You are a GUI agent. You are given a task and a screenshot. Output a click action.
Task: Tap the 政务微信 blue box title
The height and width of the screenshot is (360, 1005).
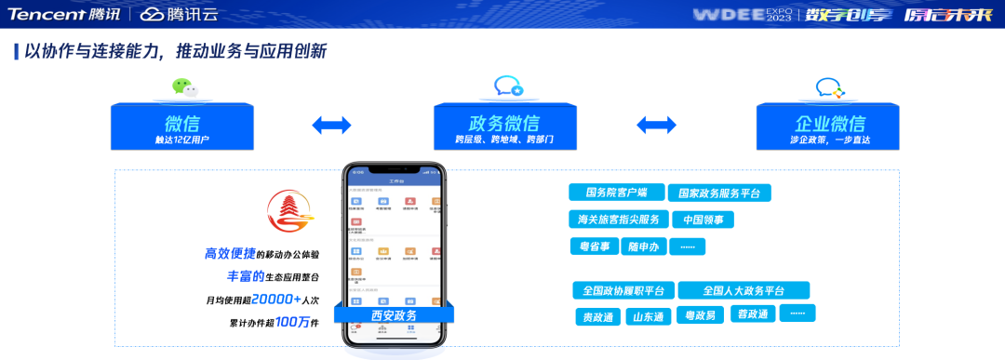pyautogui.click(x=503, y=123)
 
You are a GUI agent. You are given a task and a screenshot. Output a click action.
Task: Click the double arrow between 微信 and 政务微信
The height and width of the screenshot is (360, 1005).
pyautogui.click(x=331, y=125)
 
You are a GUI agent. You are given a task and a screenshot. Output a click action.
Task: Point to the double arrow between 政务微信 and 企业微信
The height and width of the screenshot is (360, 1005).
pyautogui.click(x=656, y=125)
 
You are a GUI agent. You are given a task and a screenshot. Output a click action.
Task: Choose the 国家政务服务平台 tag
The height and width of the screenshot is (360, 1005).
pyautogui.click(x=719, y=193)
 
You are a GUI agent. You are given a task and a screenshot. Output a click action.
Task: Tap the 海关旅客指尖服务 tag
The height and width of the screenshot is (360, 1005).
pyautogui.click(x=617, y=220)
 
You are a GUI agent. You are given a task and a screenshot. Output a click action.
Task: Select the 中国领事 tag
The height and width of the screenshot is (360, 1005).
pyautogui.click(x=703, y=220)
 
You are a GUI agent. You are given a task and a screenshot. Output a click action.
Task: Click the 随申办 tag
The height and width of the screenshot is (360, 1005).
pyautogui.click(x=643, y=247)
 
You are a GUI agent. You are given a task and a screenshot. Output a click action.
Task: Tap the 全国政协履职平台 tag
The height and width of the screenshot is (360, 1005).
pyautogui.click(x=623, y=290)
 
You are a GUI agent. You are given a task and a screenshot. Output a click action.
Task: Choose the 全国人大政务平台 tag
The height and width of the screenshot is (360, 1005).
pyautogui.click(x=744, y=290)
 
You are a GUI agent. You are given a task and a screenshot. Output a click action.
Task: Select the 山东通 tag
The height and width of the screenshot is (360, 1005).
pyautogui.click(x=648, y=316)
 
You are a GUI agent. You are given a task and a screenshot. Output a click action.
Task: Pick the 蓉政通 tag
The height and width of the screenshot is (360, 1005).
pyautogui.click(x=750, y=314)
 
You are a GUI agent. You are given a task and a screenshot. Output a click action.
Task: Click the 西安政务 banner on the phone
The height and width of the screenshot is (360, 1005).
pyautogui.click(x=395, y=315)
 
